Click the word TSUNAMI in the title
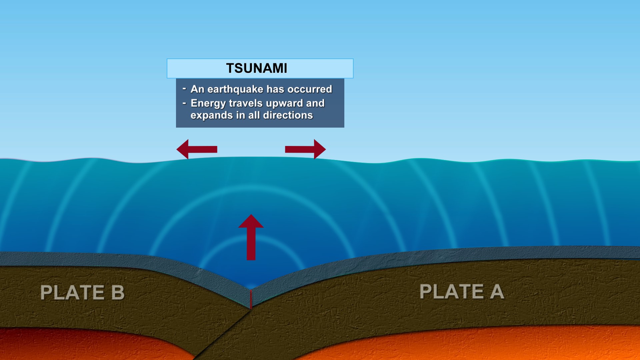[256, 68]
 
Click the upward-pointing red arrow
[251, 237]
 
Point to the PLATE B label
[82, 293]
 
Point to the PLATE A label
[461, 292]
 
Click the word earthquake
[235, 89]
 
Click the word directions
[288, 115]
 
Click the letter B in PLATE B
[118, 293]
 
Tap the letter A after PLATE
[497, 292]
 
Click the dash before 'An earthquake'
[184, 89]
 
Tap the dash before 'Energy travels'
[184, 103]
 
